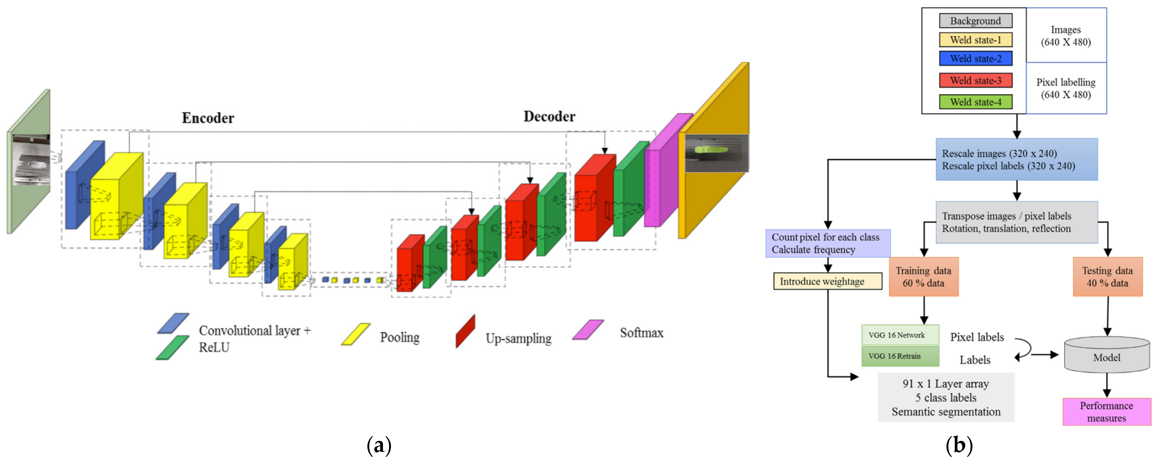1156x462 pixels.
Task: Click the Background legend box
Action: (x=976, y=21)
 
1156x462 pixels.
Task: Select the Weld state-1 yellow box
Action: (x=976, y=40)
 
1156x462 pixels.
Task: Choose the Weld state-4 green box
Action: (x=976, y=102)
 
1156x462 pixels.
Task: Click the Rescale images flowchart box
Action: (x=1016, y=160)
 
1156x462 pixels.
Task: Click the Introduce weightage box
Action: (x=827, y=281)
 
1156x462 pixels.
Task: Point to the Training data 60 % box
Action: (x=923, y=277)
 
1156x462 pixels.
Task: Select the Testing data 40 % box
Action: (x=1107, y=277)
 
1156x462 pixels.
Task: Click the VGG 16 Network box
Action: (x=900, y=335)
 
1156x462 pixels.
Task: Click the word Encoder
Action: (x=208, y=118)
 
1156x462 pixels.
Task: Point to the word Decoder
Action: (x=549, y=117)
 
